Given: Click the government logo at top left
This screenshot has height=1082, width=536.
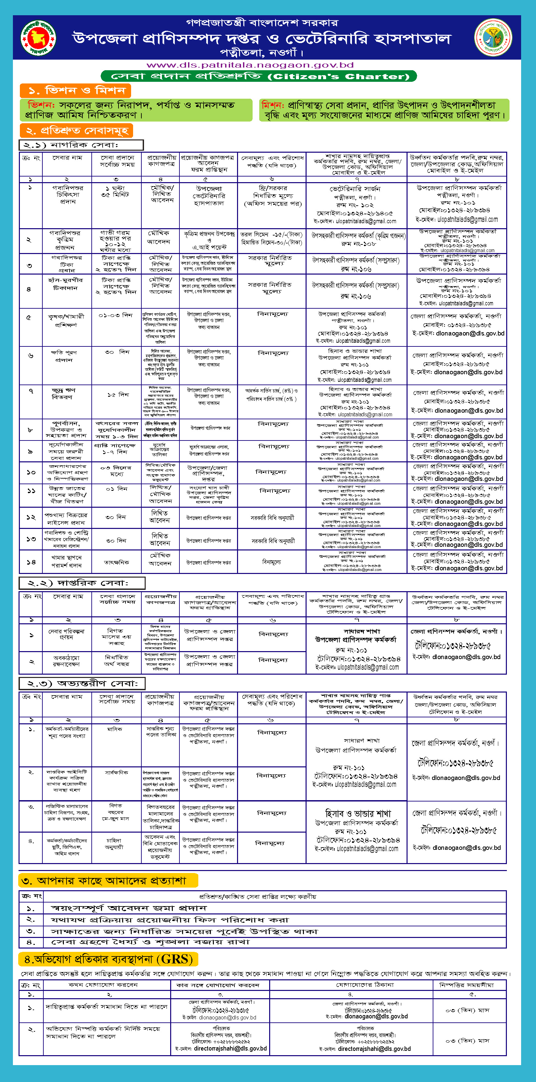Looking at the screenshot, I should tap(38, 38).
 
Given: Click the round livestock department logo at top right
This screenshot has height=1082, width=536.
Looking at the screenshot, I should tap(493, 37).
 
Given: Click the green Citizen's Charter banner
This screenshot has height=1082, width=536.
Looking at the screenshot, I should tap(259, 76).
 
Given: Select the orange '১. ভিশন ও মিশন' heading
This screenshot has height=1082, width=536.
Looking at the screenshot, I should tap(75, 90).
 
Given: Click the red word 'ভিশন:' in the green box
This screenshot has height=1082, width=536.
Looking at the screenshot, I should tap(41, 105).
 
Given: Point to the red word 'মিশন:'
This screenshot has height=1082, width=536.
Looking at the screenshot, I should tap(272, 105).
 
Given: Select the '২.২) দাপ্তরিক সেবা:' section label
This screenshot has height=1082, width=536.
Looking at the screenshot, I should tap(82, 583).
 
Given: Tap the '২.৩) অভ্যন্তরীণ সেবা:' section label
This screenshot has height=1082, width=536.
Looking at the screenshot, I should tap(82, 683).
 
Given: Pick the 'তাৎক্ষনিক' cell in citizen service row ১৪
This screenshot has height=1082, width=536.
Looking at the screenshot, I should tap(116, 562).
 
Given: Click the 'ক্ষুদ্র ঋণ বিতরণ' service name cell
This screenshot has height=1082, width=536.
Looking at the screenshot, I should tap(63, 393).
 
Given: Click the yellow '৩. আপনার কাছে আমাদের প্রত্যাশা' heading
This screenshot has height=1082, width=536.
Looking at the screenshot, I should tap(108, 880).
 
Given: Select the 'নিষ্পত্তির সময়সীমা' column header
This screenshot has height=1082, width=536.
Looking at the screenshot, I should tap(466, 985).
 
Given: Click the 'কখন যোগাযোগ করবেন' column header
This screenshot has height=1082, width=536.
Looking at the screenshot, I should tap(103, 985).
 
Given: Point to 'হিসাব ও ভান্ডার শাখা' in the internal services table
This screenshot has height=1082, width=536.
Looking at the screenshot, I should tap(358, 813).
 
